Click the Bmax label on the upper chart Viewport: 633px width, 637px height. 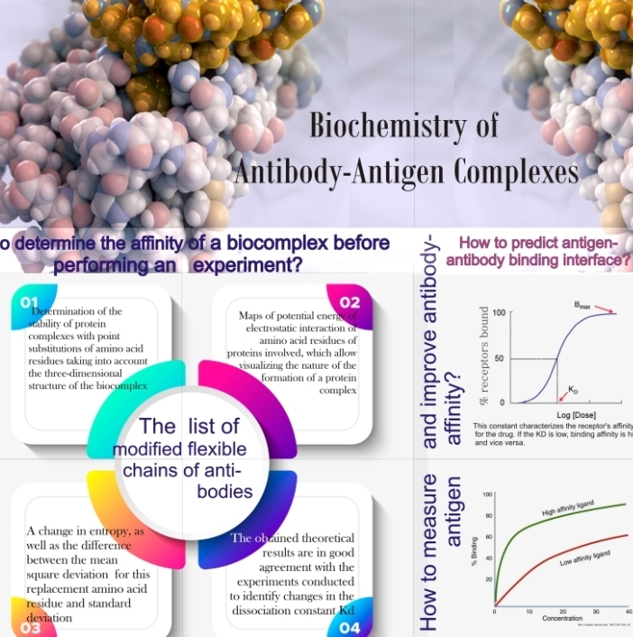click(583, 307)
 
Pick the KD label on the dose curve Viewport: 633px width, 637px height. click(574, 390)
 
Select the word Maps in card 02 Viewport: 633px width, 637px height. click(254, 317)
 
